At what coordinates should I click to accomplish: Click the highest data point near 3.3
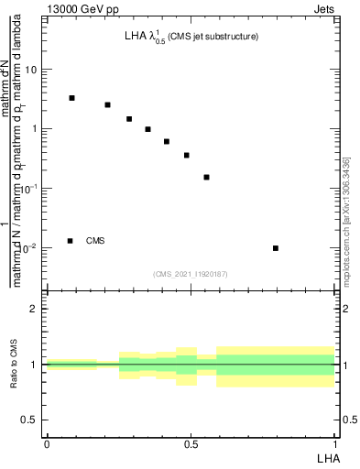(71, 98)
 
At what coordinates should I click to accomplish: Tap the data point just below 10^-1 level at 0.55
(206, 177)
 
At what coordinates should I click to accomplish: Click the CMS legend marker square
(70, 241)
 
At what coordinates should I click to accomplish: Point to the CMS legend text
(95, 241)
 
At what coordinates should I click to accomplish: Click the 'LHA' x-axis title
(328, 456)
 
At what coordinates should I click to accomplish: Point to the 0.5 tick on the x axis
(191, 443)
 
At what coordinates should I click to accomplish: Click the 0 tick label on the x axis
(47, 443)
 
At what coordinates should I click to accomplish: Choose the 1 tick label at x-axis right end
(334, 443)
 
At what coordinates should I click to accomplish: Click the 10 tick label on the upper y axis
(31, 70)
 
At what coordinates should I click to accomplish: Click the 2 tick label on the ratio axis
(34, 309)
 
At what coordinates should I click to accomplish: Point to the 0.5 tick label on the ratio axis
(28, 420)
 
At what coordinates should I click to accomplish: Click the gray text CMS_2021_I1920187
(191, 273)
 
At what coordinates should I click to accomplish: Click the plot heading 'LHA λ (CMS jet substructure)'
(191, 38)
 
